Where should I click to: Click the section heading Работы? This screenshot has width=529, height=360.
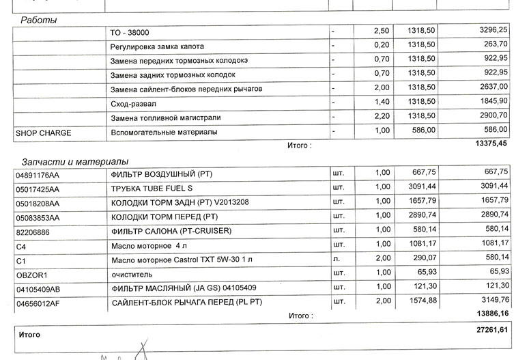pyautogui.click(x=38, y=20)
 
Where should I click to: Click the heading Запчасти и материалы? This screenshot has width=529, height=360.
pyautogui.click(x=75, y=162)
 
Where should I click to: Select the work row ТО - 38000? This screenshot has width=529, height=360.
pyautogui.click(x=130, y=32)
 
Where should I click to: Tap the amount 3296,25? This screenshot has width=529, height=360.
pyautogui.click(x=491, y=31)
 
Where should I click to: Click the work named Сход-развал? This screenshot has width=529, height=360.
pyautogui.click(x=133, y=104)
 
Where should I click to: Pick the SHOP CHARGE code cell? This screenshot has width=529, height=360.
pyautogui.click(x=43, y=133)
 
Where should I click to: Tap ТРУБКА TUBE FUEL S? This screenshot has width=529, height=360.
pyautogui.click(x=152, y=188)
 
